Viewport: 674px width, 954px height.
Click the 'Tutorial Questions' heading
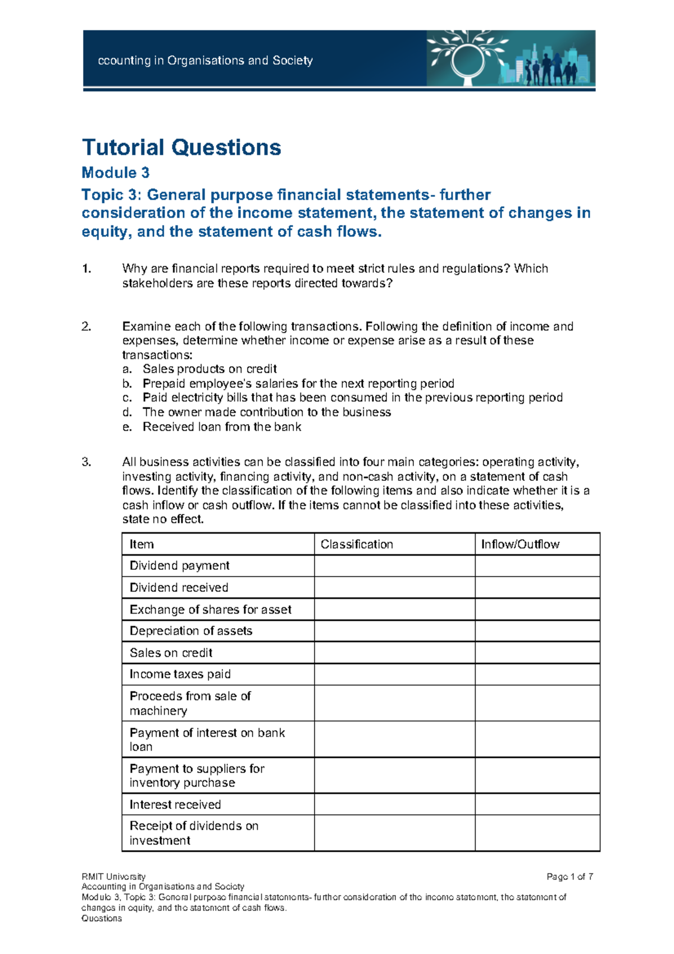pos(181,148)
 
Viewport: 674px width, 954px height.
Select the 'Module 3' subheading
pos(116,172)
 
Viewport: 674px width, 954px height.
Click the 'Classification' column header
pos(357,544)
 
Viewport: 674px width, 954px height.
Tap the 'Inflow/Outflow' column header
pos(520,544)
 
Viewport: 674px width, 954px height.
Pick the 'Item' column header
pos(142,544)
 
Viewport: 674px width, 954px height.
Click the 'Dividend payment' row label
pos(180,566)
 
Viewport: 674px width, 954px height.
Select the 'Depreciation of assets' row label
pos(191,631)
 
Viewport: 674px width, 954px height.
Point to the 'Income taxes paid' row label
pos(180,674)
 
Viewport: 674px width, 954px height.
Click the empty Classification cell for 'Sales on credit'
pos(394,653)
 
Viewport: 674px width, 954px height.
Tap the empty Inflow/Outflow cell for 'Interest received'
pos(537,805)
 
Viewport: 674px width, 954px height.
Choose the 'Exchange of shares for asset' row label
pos(211,610)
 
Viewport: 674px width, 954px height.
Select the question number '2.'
pos(86,326)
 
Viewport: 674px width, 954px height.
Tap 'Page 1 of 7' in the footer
pos(570,876)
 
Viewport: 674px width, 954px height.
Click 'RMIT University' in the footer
pos(113,876)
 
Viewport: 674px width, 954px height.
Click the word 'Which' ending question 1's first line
pos(531,269)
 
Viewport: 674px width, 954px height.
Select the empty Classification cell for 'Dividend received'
pos(394,588)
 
